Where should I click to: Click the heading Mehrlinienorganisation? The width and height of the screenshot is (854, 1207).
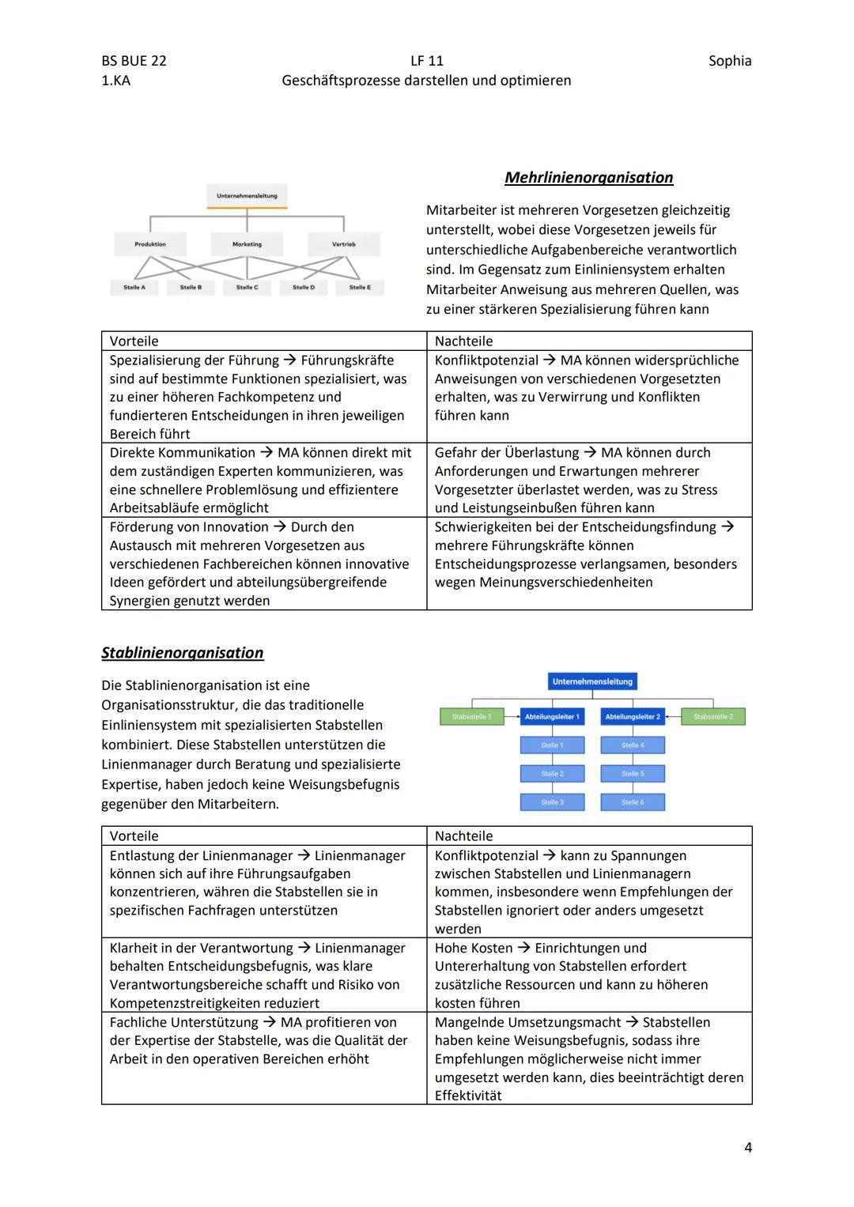pos(588,178)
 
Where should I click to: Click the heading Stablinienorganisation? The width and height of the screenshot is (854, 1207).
pos(182,653)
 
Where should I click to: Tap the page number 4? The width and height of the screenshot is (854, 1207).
pos(747,1147)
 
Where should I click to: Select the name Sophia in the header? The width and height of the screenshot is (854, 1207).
pos(729,61)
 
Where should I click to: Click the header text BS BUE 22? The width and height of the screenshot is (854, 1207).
pos(134,61)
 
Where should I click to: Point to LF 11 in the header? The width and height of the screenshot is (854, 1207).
pos(426,61)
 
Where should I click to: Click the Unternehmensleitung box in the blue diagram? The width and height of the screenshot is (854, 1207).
pos(592,681)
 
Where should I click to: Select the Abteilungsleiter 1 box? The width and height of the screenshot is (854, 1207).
pos(552,717)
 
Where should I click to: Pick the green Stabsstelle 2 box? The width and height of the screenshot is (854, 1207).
pos(713,717)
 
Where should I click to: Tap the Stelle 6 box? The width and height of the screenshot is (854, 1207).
pos(632,802)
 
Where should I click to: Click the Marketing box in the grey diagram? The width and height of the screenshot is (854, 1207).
pos(247,244)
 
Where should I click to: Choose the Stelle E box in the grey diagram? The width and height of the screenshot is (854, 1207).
pos(360,287)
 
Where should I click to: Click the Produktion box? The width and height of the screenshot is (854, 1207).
pos(150,244)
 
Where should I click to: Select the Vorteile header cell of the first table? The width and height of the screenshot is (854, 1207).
pos(134,341)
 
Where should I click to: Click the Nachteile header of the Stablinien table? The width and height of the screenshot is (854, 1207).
pos(463,836)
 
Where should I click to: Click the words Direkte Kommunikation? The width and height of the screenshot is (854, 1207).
pos(182,453)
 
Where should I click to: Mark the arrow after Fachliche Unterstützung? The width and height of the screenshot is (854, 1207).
pos(269,1022)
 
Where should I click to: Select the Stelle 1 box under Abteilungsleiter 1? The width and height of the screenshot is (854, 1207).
pos(552,745)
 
